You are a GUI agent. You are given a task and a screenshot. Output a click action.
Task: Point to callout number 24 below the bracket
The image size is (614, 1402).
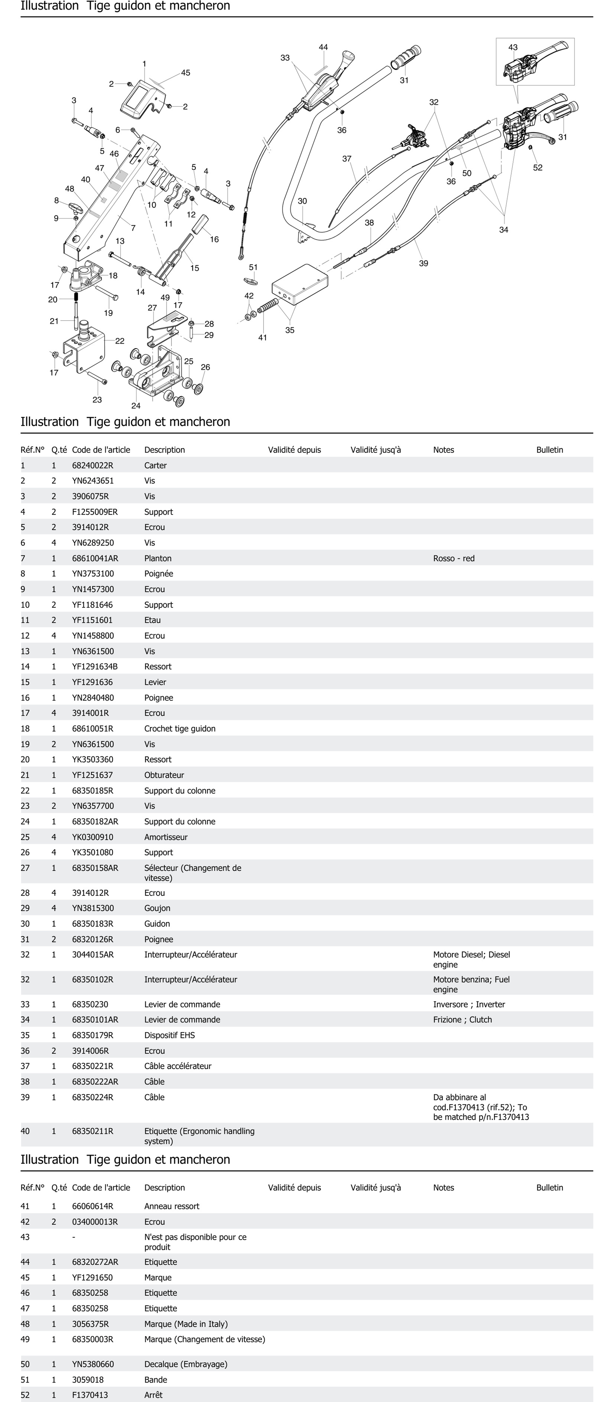(136, 406)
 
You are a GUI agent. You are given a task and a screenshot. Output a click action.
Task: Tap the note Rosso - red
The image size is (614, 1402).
(454, 558)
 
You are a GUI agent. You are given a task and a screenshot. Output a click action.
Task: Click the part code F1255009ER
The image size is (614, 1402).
(95, 512)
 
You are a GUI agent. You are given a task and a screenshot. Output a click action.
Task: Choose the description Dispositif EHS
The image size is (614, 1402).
(169, 1035)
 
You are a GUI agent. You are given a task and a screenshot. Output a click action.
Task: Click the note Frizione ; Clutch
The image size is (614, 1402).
(462, 1019)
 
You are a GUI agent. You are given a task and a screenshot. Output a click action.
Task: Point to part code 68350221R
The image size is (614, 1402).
(92, 1066)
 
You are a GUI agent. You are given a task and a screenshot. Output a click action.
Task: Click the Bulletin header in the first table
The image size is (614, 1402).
(549, 450)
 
